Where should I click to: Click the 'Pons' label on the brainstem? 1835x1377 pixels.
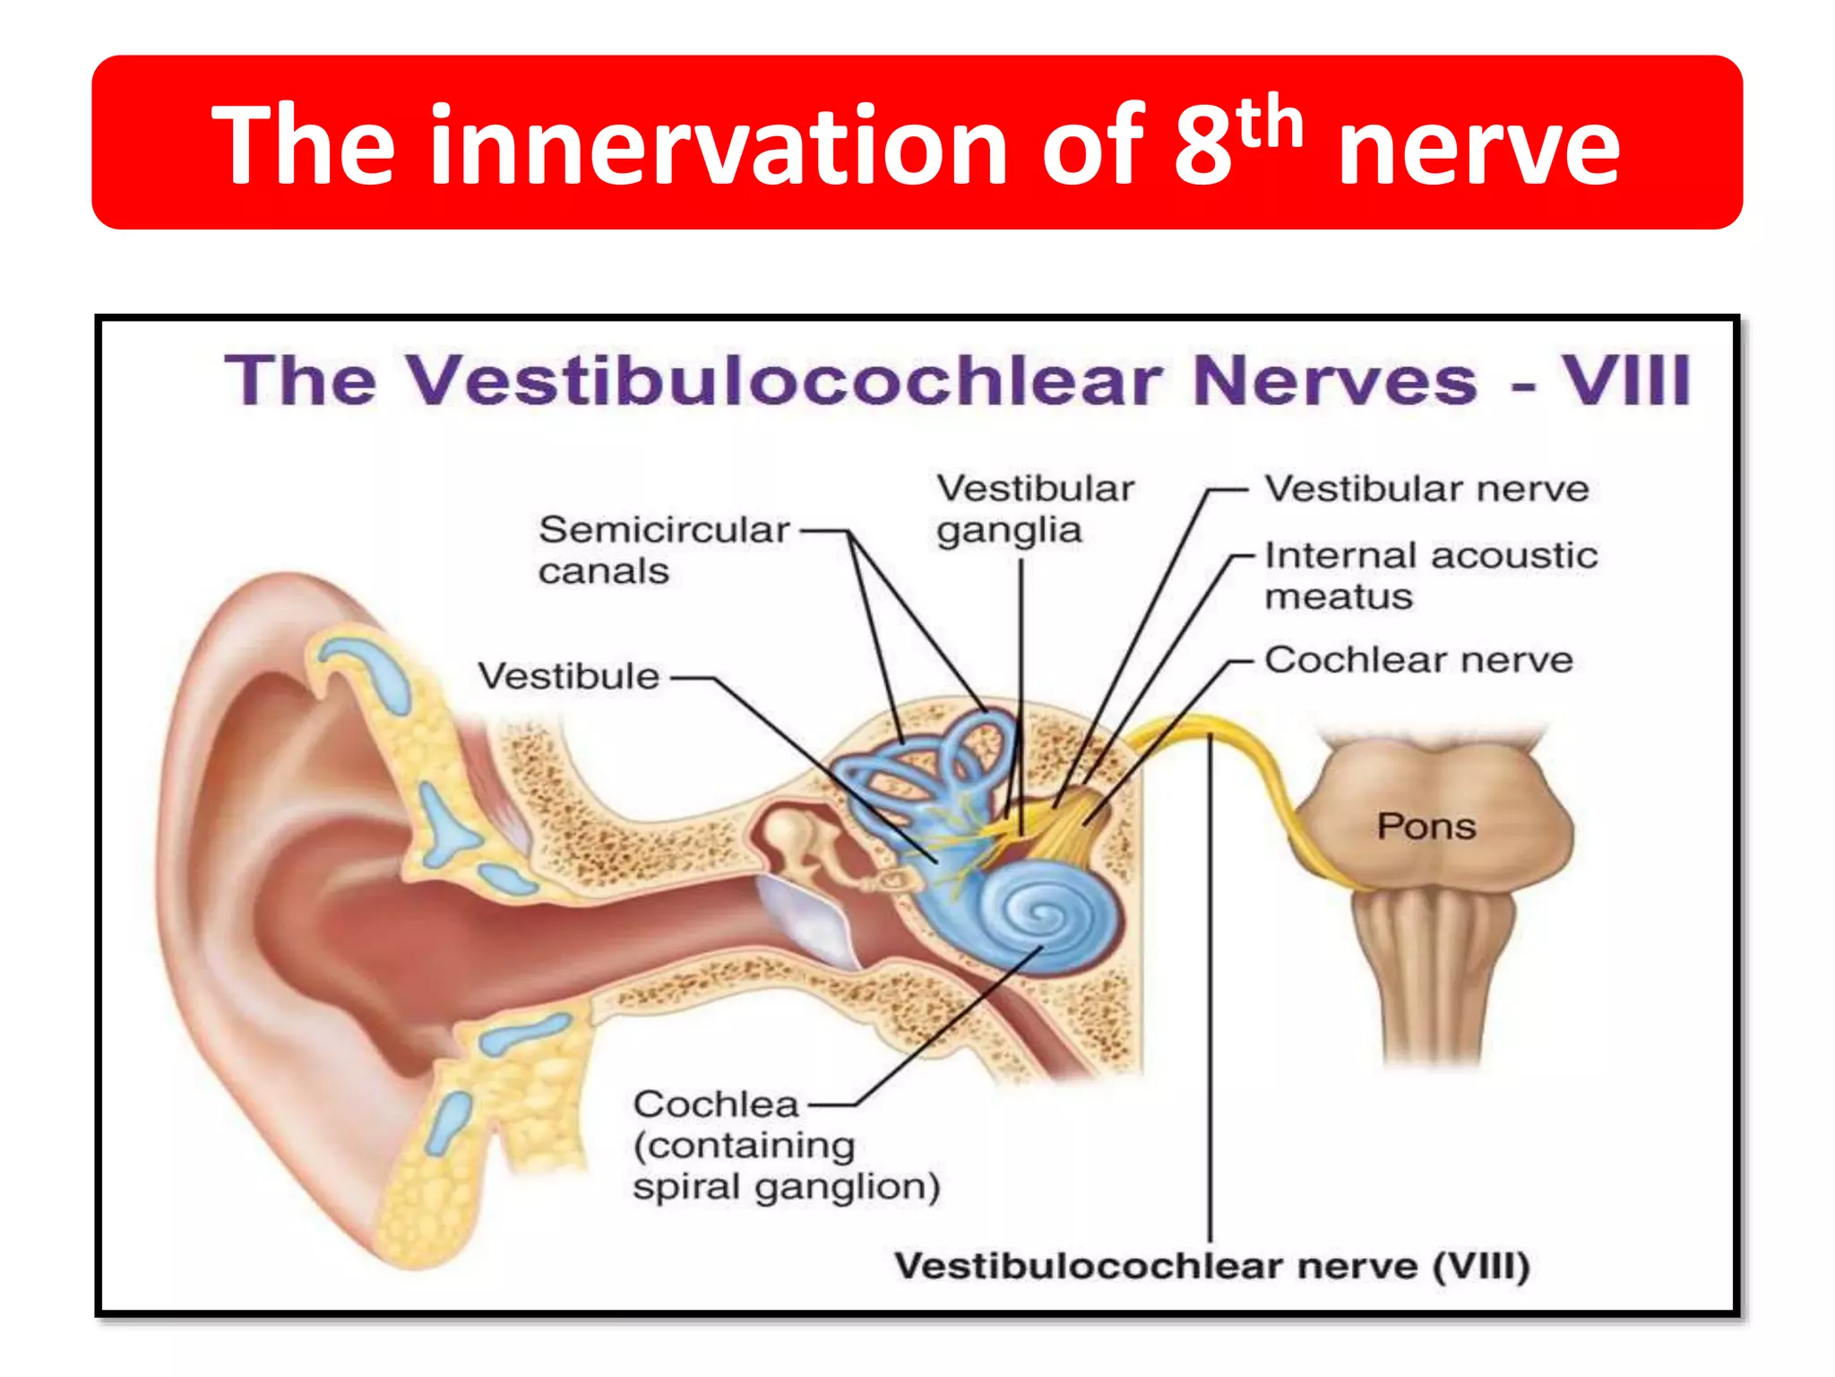1426,827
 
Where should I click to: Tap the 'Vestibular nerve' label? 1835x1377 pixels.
1426,489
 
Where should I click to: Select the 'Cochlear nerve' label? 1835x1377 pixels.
1418,660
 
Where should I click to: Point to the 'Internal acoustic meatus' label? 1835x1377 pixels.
1430,576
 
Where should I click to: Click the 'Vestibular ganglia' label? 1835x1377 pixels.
1034,509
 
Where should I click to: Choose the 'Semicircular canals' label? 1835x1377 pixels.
663,550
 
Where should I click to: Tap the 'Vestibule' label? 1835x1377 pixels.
568,676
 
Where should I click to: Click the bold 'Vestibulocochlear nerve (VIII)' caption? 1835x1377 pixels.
1211,1266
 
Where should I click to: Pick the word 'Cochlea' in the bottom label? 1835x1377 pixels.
715,1104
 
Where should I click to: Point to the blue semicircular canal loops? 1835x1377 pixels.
932,762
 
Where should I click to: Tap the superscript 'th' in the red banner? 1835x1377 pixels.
1269,126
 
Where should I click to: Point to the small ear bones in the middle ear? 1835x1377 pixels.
806,843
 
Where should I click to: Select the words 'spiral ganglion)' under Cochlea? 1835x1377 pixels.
786,1187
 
